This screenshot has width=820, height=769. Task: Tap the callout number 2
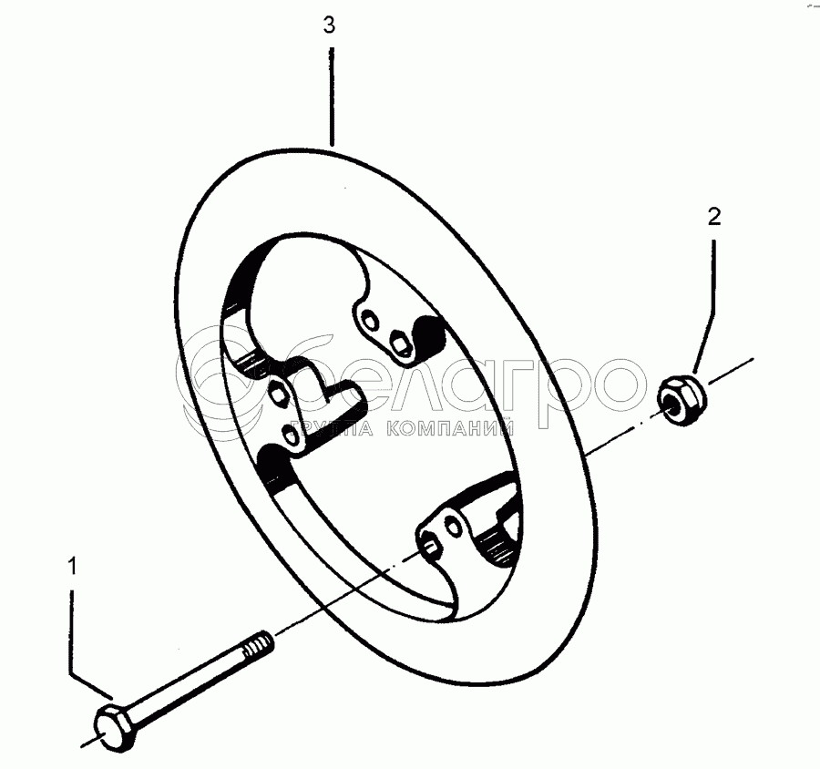714,216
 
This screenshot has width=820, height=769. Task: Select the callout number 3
330,26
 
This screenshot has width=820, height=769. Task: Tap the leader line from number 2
709,301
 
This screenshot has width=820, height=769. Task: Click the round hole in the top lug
370,320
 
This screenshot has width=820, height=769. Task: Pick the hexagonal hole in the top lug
399,343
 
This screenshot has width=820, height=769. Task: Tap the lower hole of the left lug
292,435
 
